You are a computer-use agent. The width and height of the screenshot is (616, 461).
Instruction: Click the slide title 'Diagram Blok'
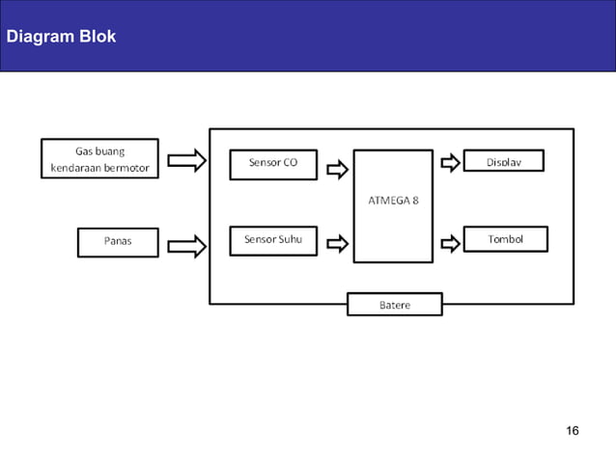point(61,37)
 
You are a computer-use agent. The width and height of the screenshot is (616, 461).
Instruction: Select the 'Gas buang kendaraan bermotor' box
point(99,160)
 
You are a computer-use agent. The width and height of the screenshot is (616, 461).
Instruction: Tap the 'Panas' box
point(118,241)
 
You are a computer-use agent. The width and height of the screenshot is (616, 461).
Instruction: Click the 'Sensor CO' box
point(273,163)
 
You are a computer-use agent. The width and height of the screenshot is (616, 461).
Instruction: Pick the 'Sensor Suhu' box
point(273,240)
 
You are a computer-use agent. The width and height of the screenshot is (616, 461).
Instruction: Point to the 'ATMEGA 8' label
point(392,201)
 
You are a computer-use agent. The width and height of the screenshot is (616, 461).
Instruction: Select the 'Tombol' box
point(505,239)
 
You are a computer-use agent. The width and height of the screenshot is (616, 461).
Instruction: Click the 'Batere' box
point(394,305)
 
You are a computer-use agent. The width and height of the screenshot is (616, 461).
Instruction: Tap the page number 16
point(573,430)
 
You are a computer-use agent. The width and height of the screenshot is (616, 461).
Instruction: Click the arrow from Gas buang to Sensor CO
point(186,160)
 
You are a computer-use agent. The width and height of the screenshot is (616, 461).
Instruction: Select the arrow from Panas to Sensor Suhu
point(186,246)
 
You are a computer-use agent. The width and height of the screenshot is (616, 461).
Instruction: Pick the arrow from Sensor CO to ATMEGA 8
point(337,170)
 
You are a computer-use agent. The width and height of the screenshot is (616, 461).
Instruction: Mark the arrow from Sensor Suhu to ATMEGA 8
point(337,245)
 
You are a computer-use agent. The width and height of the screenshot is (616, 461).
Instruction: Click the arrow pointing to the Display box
point(450,163)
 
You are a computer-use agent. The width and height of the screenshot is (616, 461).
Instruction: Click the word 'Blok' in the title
point(98,37)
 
